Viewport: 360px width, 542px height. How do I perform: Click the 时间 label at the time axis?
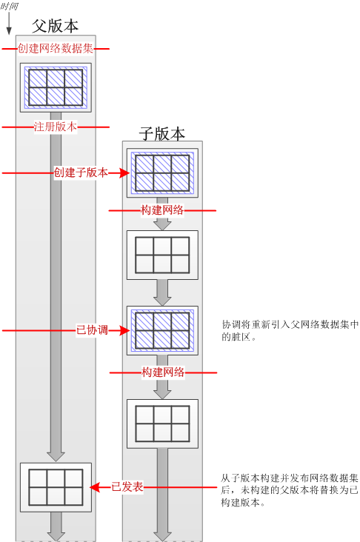tap(11, 6)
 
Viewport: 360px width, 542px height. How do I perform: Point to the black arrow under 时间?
tap(9, 24)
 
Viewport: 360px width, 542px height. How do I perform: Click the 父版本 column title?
tap(56, 26)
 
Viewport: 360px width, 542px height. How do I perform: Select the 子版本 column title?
tap(162, 134)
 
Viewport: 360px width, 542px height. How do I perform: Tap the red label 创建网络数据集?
tap(56, 49)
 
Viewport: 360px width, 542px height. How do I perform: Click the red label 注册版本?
tap(56, 127)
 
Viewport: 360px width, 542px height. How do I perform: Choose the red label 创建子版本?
tap(81, 173)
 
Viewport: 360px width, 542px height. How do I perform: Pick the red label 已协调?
tap(92, 330)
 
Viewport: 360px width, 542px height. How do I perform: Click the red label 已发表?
tap(127, 487)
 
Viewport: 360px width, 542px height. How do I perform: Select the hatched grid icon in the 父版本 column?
tap(56, 87)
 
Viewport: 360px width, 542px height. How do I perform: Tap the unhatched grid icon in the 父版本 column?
tap(56, 487)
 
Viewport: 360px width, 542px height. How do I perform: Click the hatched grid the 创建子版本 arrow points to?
tap(162, 173)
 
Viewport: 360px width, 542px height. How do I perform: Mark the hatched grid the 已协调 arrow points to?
tap(162, 330)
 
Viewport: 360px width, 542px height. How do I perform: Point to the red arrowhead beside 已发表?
tap(96, 487)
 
